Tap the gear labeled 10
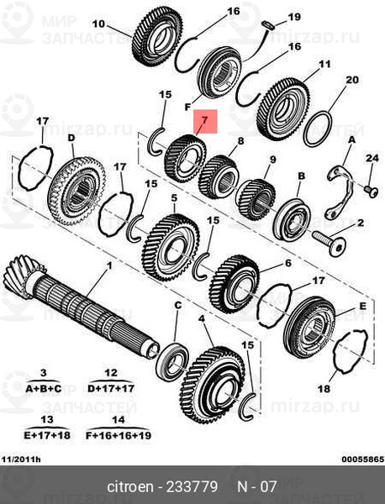pos(157,37)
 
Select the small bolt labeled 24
pos(372,192)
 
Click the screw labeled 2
pos(329,243)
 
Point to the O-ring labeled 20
pos(318,129)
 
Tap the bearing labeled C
pos(172,362)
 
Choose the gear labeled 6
pos(235,284)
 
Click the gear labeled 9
pos(256,200)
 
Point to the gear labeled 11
pos(283,109)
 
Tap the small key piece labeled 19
pos(268,24)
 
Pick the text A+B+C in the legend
pos(44,389)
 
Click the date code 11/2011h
pos(20,459)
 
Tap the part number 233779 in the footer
pos(192,487)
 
